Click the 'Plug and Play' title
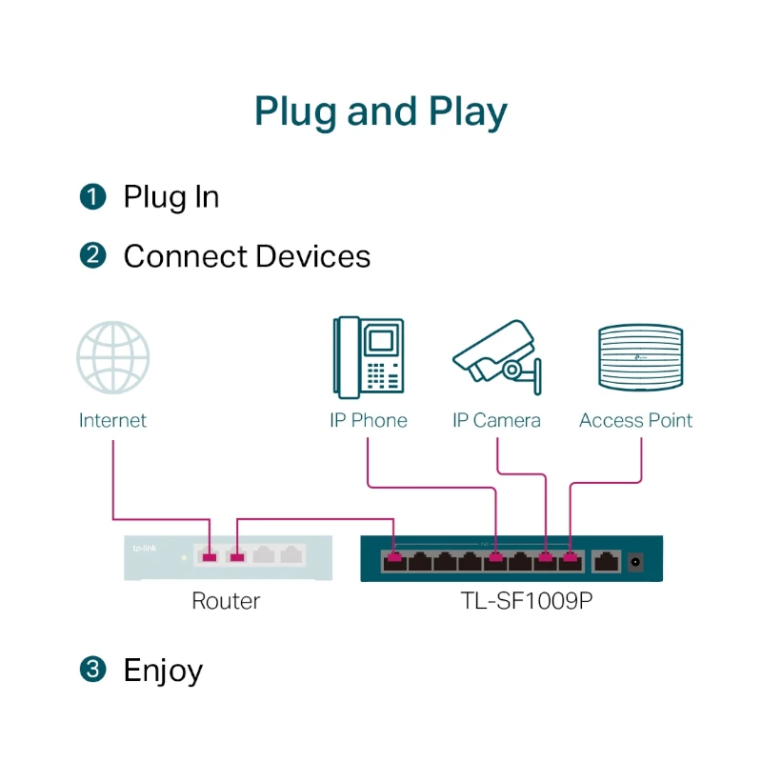tap(381, 111)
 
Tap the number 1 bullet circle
tap(92, 197)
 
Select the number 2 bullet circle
tap(92, 256)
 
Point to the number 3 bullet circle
tap(92, 670)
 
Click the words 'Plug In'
tap(171, 197)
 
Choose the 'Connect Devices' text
tap(247, 256)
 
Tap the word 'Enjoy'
tap(163, 671)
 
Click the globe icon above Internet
tap(112, 357)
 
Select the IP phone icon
tap(368, 357)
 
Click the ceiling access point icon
tap(638, 357)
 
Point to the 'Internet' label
tap(112, 420)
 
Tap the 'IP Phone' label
tap(368, 420)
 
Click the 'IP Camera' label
tap(496, 420)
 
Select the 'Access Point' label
tap(636, 420)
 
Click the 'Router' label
tap(226, 601)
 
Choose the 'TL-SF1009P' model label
tap(512, 601)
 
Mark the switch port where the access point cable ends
tap(571, 560)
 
